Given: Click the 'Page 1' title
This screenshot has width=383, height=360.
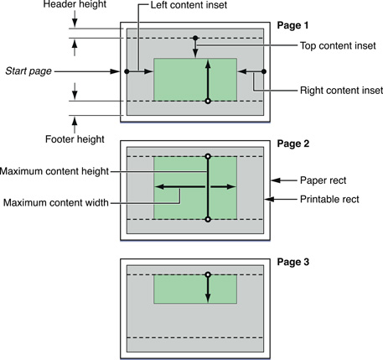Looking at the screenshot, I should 293,27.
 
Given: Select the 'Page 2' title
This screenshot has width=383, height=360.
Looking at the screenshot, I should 293,143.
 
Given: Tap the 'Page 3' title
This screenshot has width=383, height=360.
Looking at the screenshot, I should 293,262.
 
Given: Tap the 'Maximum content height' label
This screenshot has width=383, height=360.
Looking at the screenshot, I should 55,171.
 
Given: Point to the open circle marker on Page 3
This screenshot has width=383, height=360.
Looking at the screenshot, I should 208,274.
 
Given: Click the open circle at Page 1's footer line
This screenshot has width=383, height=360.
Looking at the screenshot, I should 208,101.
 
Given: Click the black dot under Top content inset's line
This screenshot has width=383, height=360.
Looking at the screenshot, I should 194,38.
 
